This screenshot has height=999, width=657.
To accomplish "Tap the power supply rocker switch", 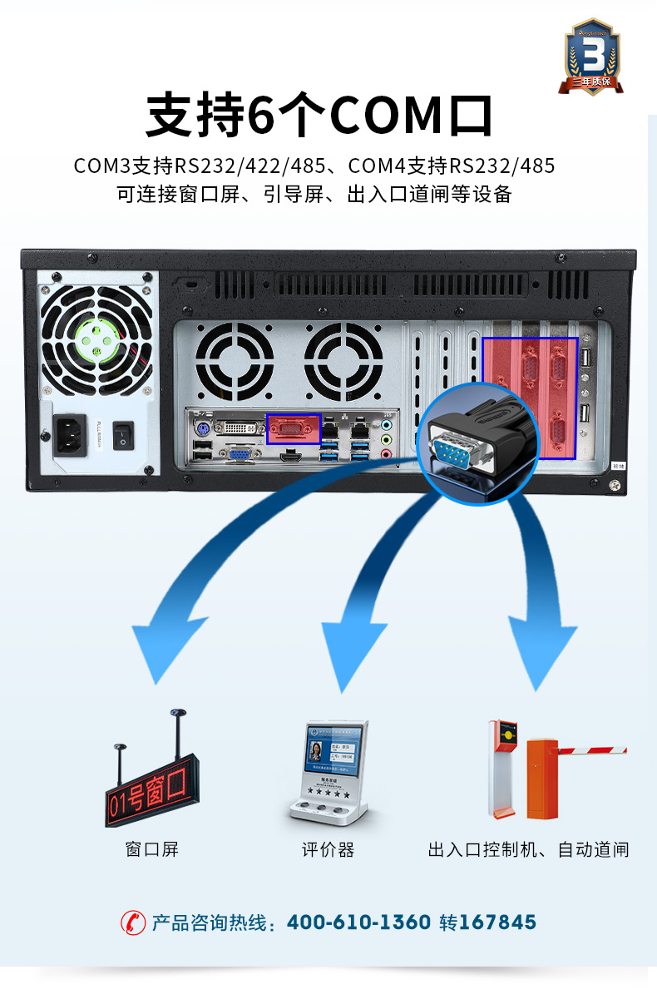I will coord(124,435).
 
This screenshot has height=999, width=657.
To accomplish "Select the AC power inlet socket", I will coord(70,435).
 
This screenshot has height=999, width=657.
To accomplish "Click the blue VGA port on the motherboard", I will coord(240,454).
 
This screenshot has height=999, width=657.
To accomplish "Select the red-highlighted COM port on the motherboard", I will coord(293,429).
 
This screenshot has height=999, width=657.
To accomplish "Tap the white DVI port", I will coord(239,428).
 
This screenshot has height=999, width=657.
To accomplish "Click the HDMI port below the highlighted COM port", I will coord(291,455).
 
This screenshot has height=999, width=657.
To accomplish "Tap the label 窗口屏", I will coord(151,849).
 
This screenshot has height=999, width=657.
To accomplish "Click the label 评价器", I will coord(328,849).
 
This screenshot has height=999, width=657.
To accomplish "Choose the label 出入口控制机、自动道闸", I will coord(528,849).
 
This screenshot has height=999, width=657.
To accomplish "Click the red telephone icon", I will coord(132,922).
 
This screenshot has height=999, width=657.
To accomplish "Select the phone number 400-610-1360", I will coord(358,922).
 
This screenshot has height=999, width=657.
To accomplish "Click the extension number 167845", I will coord(497,922).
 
